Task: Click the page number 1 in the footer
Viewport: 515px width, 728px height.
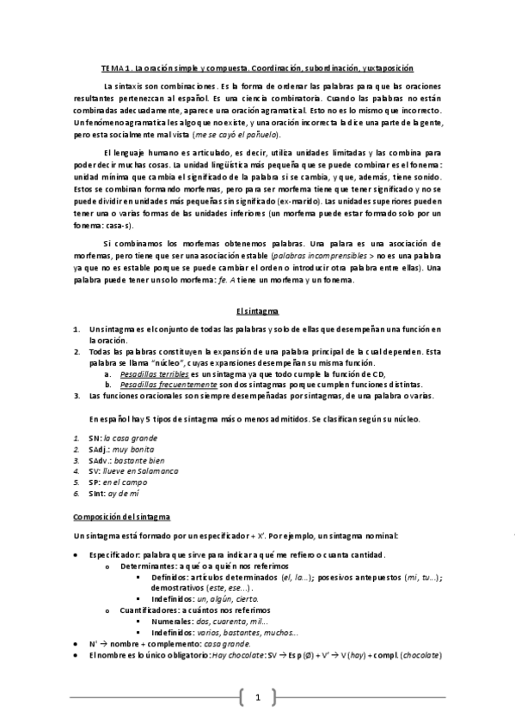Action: pos(257,696)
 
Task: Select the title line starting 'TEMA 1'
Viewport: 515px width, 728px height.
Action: pos(257,67)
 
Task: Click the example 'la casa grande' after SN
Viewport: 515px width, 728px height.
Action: pos(130,438)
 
